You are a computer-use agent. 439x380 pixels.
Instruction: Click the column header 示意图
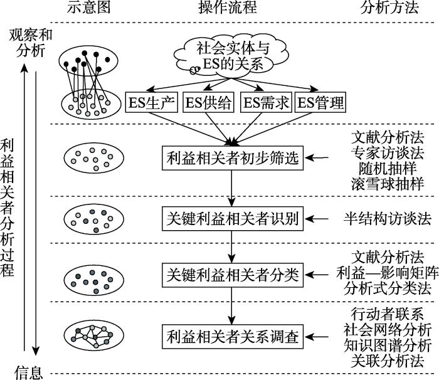point(88,8)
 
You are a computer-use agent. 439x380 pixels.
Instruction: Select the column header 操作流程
point(227,8)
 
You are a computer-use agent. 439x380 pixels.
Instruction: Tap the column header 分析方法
point(389,8)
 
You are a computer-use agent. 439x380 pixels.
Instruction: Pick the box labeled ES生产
point(152,102)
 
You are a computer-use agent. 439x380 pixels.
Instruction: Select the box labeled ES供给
point(208,102)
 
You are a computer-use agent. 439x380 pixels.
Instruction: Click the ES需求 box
point(266,102)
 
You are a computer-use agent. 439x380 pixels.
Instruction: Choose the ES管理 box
point(320,102)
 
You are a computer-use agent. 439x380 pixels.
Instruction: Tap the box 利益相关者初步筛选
point(233,158)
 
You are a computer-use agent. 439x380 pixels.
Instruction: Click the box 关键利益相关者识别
point(233,219)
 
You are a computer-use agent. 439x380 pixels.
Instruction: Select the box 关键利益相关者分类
point(233,275)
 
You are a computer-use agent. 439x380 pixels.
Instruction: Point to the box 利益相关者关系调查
point(233,337)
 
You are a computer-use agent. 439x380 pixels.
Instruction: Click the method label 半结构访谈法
point(388,219)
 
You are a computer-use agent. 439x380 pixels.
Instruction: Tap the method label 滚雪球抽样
point(388,184)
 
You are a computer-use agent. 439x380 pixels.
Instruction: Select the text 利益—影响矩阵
point(388,273)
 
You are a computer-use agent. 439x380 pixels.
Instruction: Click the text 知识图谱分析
point(388,346)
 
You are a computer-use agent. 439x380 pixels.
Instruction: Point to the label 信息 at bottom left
point(29,372)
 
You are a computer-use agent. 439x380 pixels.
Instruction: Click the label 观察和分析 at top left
point(31,43)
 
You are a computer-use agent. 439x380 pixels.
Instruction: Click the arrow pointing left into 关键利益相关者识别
point(317,219)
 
